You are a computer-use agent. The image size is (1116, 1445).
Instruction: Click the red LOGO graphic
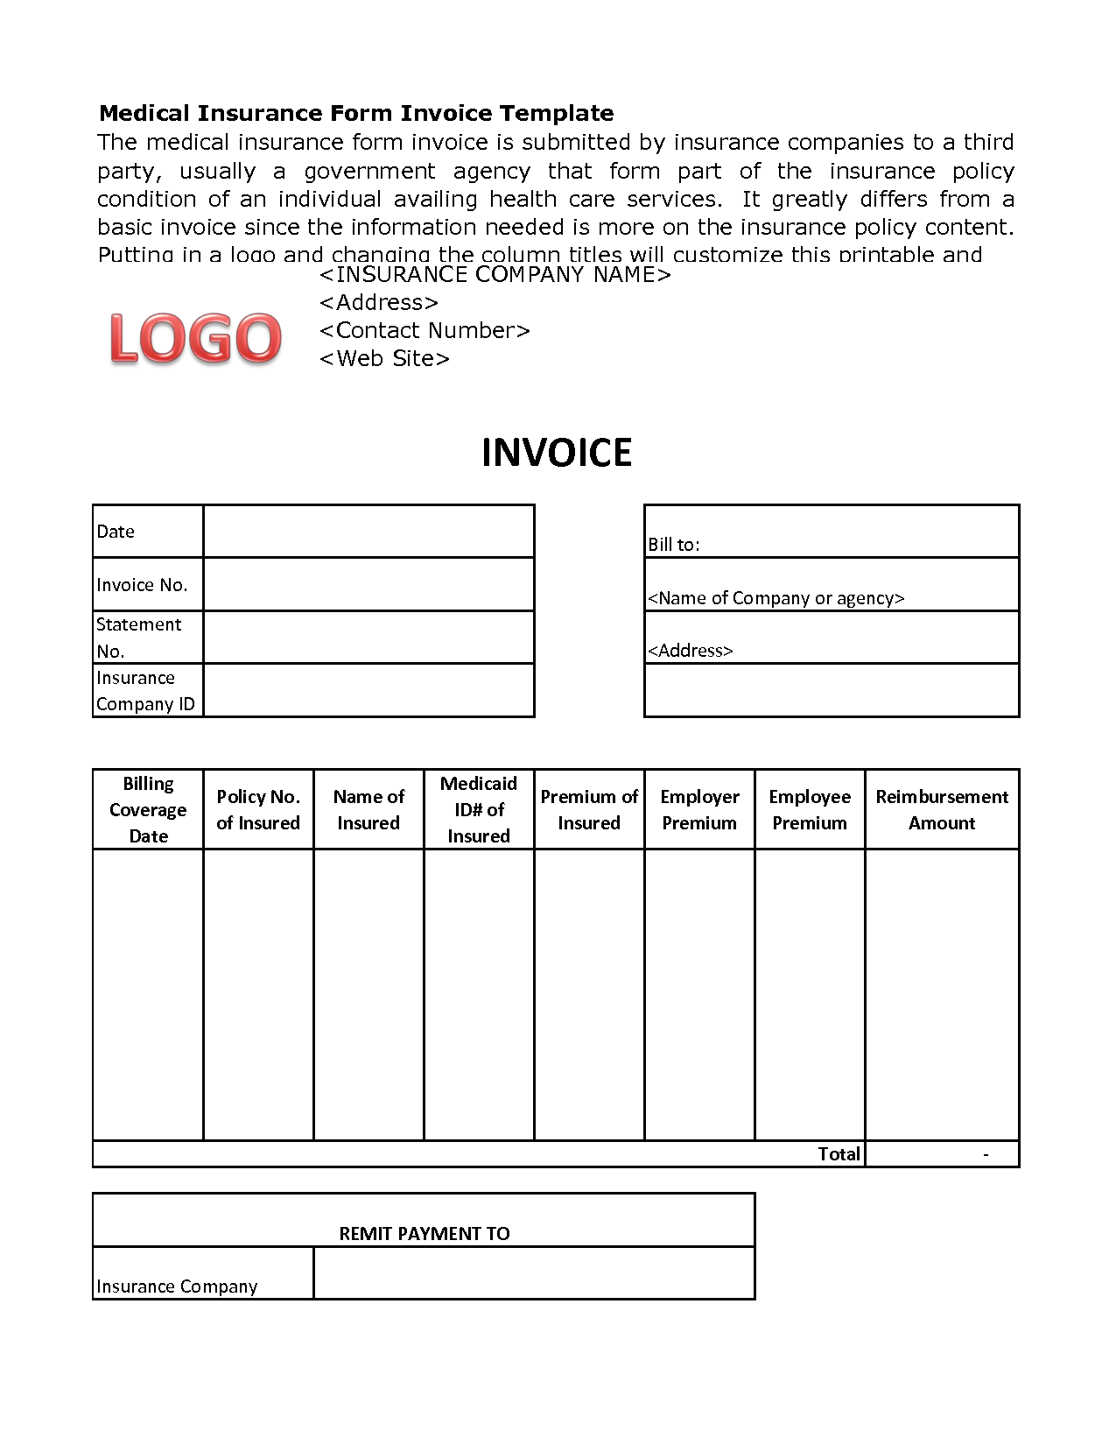pos(195,338)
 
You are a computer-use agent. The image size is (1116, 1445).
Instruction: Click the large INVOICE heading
pos(557,453)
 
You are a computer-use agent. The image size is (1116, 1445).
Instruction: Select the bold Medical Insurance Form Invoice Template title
pos(356,113)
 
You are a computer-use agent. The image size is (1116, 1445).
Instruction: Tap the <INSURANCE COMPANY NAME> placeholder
pos(495,275)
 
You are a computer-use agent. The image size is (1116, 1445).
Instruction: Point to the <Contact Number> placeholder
pos(425,331)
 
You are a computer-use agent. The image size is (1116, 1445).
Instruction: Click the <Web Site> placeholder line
pos(384,359)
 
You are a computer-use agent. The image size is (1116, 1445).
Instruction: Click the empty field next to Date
pos(368,532)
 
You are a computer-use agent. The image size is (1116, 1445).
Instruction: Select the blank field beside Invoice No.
pos(368,584)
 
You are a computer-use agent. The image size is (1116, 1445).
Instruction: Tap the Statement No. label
pos(139,638)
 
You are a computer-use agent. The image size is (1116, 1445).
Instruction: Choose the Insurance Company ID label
pos(145,691)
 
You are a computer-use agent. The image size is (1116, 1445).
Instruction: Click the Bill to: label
pos(674,544)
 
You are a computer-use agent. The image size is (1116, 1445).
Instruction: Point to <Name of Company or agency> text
pos(776,598)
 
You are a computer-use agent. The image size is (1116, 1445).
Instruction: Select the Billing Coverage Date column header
pos(148,809)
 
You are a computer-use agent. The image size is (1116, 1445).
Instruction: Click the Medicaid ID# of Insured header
pos(479,809)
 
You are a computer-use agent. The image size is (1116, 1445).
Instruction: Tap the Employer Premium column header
pos(699,809)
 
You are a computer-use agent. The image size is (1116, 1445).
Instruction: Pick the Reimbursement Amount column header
pos(942,809)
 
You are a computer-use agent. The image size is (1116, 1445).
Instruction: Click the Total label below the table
pos(839,1154)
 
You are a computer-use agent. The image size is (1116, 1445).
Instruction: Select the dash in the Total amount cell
pos(986,1154)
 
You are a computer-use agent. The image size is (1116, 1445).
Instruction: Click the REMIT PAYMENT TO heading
pos(425,1234)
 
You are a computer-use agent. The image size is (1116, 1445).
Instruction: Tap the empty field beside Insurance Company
pos(534,1273)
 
